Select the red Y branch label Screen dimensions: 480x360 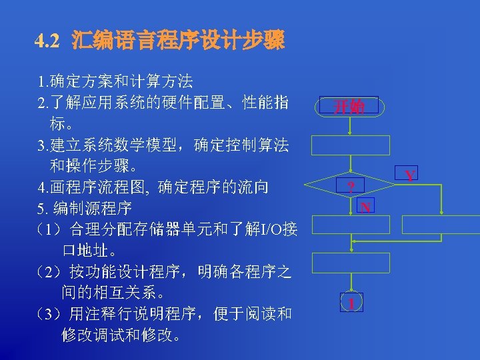point(410,175)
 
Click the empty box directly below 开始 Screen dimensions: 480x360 point(349,145)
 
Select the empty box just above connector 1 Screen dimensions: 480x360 point(349,262)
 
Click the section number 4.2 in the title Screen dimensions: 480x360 point(48,41)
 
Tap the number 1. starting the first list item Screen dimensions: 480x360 point(43,82)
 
